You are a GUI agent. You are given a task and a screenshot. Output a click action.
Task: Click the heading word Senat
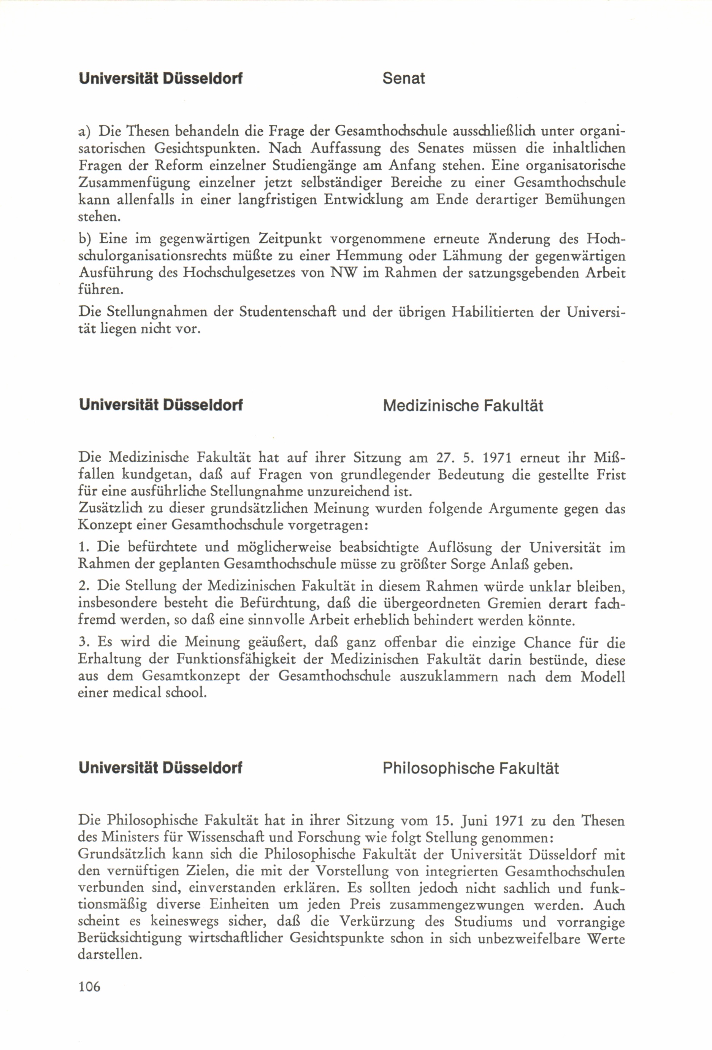(403, 79)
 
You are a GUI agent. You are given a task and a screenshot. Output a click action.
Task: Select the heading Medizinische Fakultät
(463, 406)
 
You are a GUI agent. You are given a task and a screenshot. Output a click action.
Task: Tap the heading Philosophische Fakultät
(471, 769)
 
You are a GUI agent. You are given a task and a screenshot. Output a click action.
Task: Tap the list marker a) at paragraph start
(84, 132)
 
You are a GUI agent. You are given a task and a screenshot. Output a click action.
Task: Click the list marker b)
(84, 238)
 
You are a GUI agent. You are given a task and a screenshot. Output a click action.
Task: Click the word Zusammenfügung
(134, 183)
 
